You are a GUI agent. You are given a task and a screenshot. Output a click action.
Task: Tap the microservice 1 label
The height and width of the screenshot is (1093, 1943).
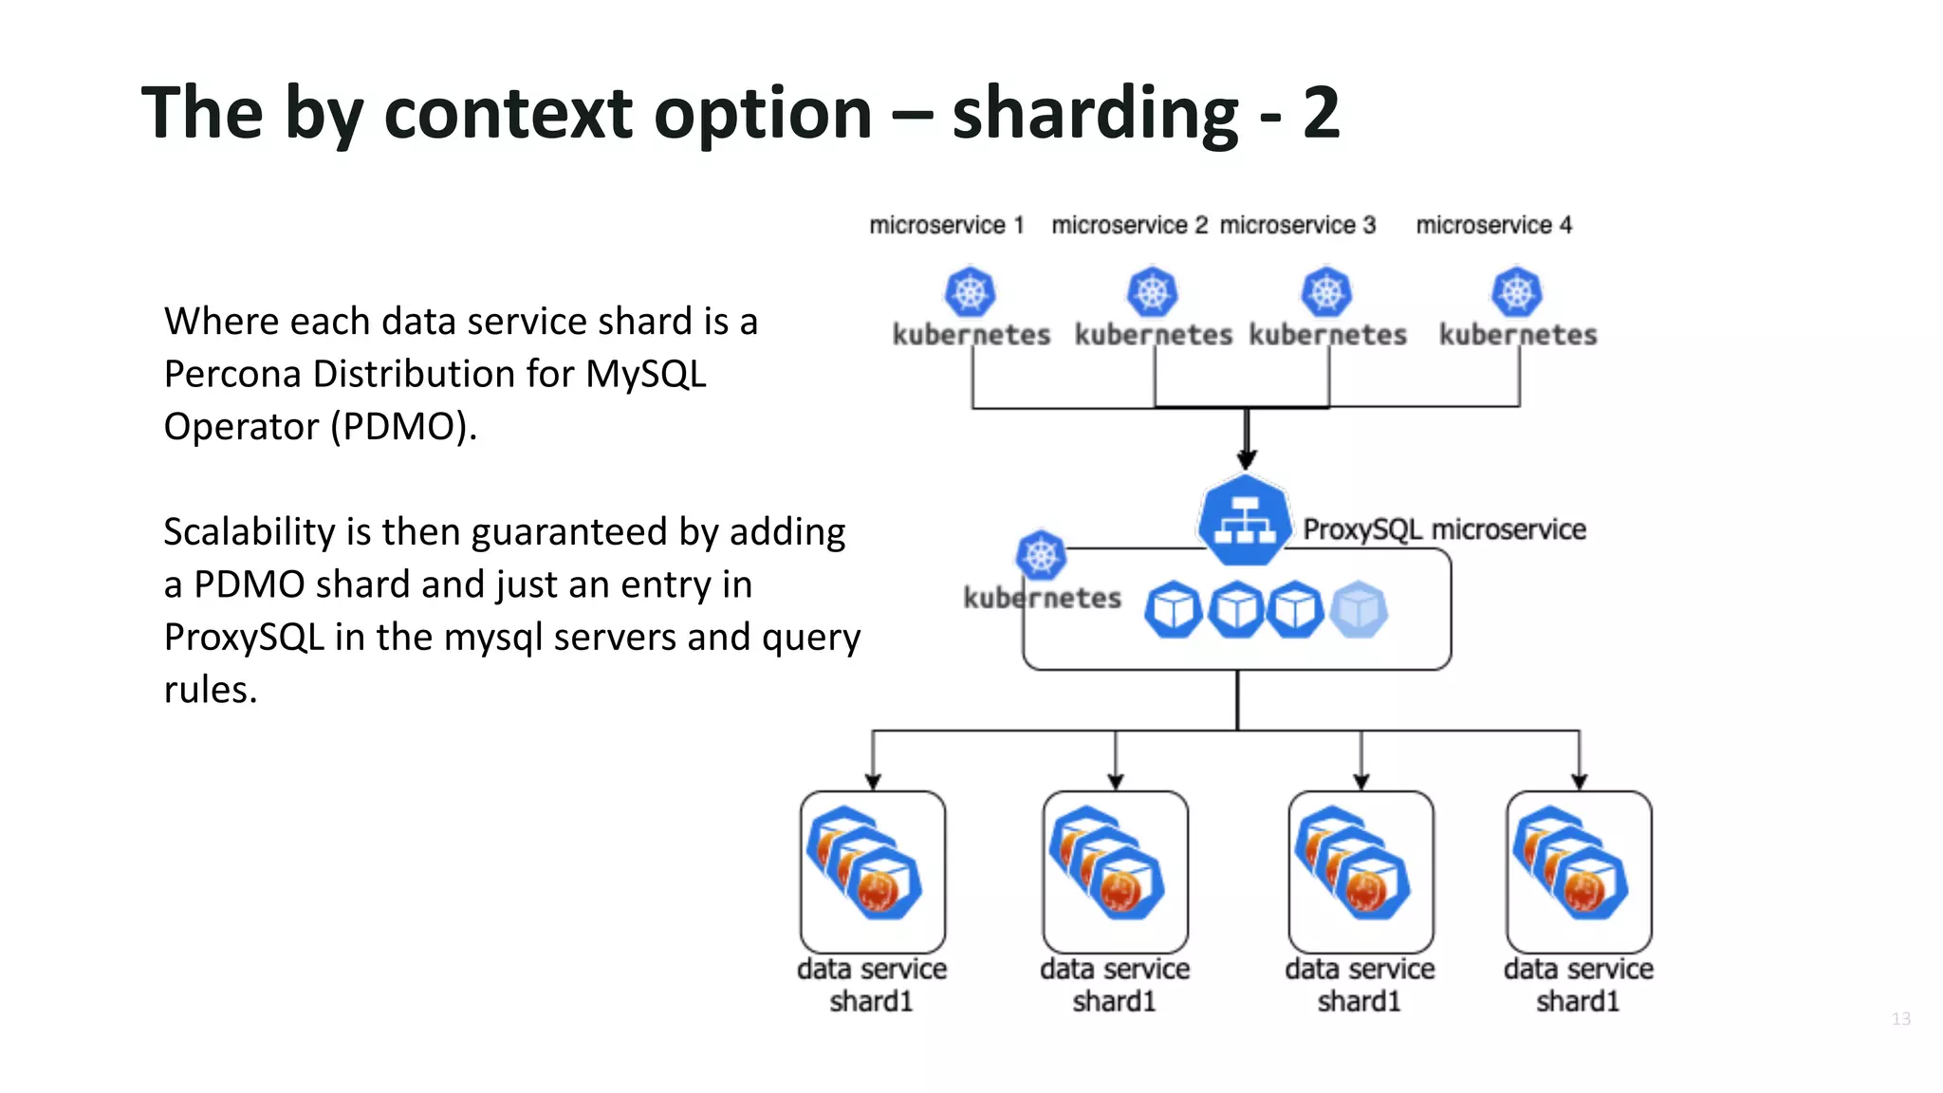946,225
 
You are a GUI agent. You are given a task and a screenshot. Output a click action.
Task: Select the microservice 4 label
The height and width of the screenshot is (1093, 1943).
1493,225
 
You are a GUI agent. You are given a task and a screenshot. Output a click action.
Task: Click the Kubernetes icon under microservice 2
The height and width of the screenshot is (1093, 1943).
1152,292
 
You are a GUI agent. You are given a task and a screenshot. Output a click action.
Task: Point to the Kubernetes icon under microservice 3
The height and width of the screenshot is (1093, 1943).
1326,292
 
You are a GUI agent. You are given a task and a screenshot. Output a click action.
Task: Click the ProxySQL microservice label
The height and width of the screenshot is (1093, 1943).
1443,529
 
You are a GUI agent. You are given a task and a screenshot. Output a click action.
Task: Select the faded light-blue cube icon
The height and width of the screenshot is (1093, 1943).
1358,609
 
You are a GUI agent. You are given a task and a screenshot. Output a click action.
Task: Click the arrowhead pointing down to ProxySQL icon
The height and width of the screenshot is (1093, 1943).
1247,460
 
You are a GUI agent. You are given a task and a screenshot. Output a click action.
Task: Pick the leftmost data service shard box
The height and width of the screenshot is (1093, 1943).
872,872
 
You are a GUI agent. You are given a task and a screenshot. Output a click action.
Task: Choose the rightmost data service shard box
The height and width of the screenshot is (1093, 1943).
1579,872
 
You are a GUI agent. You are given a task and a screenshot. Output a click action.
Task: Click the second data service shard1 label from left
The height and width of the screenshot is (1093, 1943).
1115,985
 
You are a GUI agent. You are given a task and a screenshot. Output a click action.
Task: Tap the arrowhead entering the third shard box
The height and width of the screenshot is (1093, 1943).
1361,782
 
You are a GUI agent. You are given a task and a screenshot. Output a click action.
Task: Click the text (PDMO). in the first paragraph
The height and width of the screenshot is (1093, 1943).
403,427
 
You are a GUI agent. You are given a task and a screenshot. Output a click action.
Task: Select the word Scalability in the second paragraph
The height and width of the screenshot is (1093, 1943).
249,532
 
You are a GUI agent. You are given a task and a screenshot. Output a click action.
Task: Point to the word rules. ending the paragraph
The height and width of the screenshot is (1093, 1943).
211,690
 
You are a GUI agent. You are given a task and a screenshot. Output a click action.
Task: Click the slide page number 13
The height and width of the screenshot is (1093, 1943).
1900,1019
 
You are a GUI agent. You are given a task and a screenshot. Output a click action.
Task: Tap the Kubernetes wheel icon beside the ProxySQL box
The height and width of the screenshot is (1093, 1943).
1041,555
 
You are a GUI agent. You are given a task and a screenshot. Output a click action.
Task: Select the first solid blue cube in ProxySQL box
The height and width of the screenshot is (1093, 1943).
1173,609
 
